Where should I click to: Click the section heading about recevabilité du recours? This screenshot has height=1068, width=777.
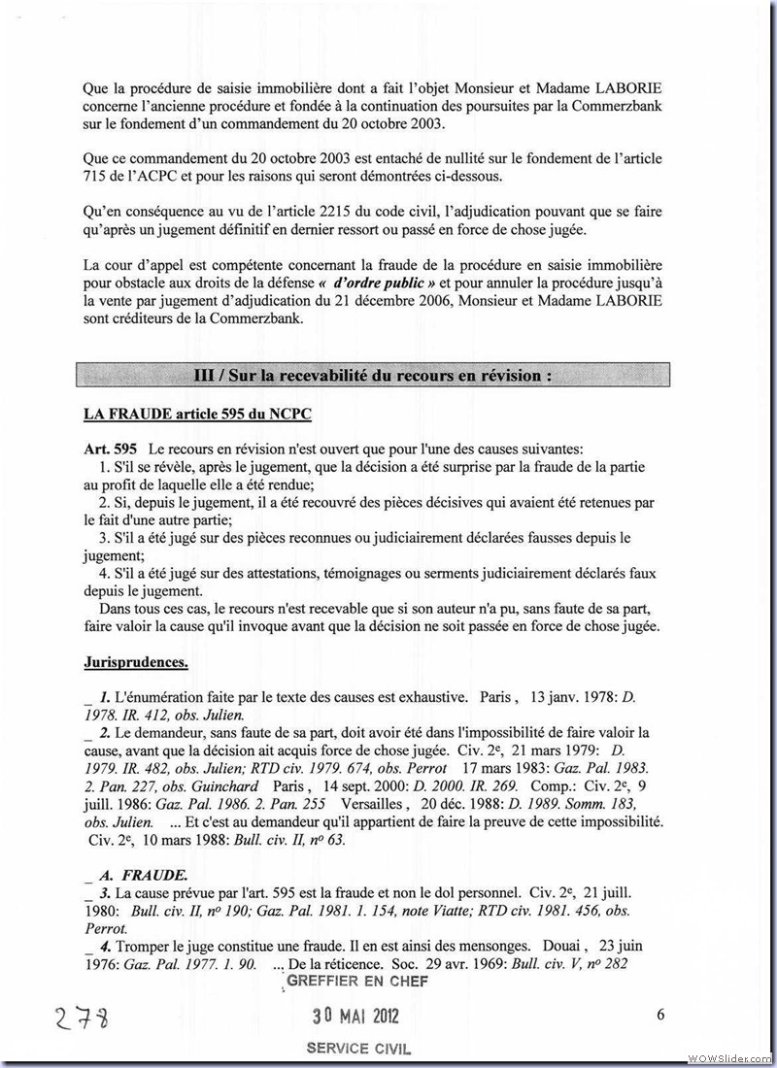pyautogui.click(x=373, y=375)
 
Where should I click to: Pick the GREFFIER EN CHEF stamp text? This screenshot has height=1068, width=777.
pyautogui.click(x=356, y=982)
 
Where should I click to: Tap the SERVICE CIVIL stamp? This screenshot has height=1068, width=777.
pyautogui.click(x=358, y=1049)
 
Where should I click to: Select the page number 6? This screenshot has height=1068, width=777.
pyautogui.click(x=660, y=1016)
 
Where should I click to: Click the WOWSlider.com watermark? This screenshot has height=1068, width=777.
pyautogui.click(x=728, y=1056)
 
